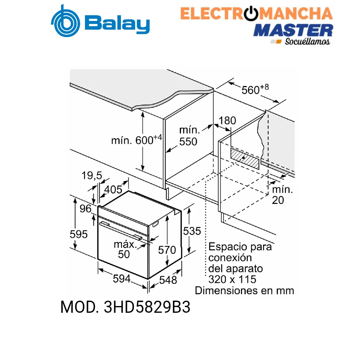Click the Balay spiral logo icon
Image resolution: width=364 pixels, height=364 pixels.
tap(66, 21)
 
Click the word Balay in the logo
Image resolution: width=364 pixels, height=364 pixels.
tap(117, 24)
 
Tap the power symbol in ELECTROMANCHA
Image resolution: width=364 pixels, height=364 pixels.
tap(251, 13)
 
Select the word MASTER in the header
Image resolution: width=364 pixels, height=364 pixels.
tap(293, 30)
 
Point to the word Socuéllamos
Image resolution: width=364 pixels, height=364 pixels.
tap(307, 41)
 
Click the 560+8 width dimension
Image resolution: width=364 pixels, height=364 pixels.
tap(255, 89)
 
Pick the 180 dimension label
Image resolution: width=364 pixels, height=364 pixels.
tap(227, 120)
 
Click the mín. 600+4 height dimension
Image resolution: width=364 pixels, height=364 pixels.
tap(136, 140)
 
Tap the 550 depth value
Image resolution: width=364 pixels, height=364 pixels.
tap(188, 142)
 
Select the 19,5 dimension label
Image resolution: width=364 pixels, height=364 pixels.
tap(92, 176)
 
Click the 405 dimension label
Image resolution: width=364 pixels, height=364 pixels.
tap(113, 190)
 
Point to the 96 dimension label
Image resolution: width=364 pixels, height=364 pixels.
tap(85, 209)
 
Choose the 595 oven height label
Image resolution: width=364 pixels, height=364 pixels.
tap(79, 234)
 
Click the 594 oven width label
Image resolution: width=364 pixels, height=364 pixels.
tap(122, 279)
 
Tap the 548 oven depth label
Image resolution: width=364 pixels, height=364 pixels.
tap(168, 280)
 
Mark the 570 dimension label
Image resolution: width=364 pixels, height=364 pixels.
tap(167, 250)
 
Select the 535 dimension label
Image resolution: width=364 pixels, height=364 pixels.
tap(192, 231)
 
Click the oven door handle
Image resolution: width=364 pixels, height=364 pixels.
tap(121, 231)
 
